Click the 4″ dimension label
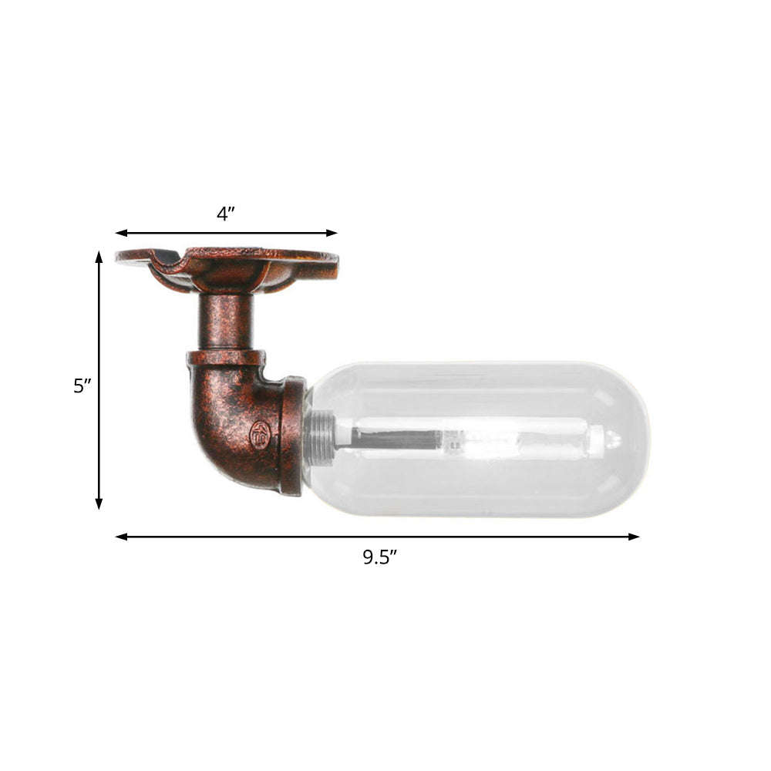click(x=225, y=214)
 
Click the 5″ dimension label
click(x=82, y=385)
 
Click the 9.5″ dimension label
click(x=379, y=557)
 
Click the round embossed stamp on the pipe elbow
click(x=259, y=435)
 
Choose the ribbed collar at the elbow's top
click(x=225, y=359)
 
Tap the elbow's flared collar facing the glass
click(x=293, y=436)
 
